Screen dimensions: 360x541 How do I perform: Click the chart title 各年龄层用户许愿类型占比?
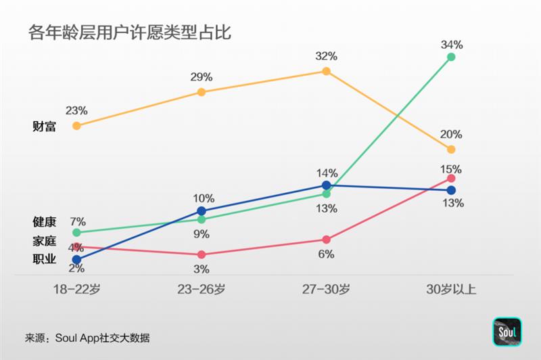tap(130, 32)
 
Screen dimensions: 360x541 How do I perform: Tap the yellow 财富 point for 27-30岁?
tap(327, 70)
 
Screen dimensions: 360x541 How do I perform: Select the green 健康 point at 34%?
tap(451, 58)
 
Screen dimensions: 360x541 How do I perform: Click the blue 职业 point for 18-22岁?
tap(76, 259)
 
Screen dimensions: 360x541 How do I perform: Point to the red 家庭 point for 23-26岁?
tap(202, 254)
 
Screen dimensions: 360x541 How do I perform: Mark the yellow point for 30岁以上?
tap(451, 149)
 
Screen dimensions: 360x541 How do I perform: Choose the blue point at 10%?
tap(202, 211)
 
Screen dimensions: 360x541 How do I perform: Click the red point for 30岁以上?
tap(451, 178)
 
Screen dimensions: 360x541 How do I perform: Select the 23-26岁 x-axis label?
tap(202, 290)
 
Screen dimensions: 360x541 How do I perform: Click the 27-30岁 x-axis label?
tap(327, 290)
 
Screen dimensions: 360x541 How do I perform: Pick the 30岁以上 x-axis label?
tap(451, 290)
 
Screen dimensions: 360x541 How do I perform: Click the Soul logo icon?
tap(507, 334)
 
